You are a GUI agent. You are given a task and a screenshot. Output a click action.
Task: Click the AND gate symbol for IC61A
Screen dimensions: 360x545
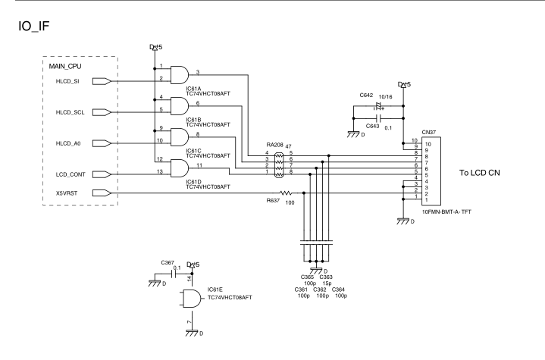181,74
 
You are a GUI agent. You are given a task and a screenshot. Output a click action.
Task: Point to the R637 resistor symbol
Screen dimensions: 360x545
287,193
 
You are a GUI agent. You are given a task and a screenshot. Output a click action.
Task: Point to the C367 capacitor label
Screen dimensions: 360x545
168,261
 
